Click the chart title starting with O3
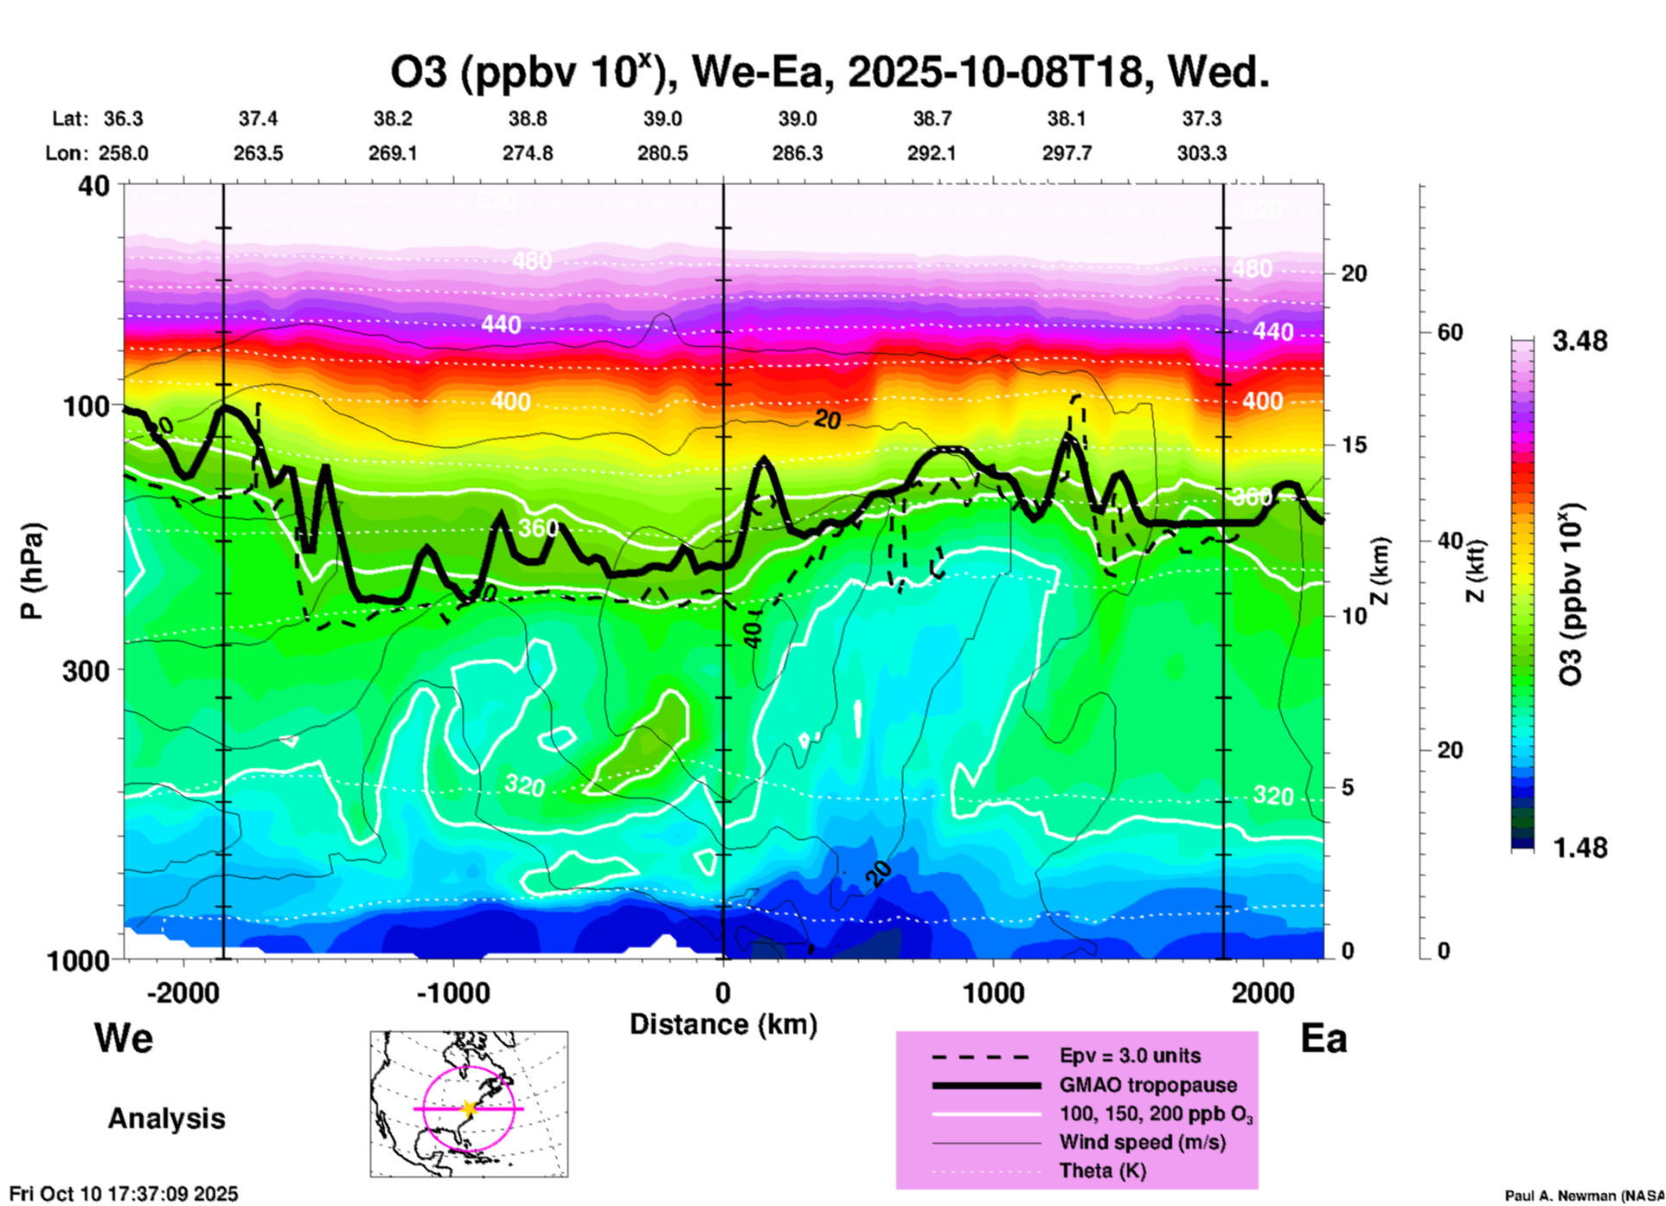coord(829,73)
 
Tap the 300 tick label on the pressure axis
coord(85,670)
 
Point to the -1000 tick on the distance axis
coord(452,992)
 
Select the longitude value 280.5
coord(663,153)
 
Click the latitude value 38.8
coord(527,119)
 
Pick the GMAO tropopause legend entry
coord(1148,1085)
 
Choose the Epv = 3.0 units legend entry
coord(1130,1055)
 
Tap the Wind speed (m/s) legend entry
coord(1142,1142)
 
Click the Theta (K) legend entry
coord(1102,1171)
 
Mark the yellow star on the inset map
coord(469,1108)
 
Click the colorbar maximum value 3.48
coord(1579,341)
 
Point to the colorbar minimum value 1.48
coord(1579,848)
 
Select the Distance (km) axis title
coord(723,1024)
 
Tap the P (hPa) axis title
coord(32,570)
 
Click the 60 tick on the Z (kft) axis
coord(1451,333)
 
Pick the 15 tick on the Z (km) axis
coord(1354,445)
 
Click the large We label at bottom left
coord(124,1037)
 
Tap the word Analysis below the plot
coord(166,1119)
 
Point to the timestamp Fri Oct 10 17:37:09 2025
coord(124,1194)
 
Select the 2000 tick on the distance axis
coord(1263,992)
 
